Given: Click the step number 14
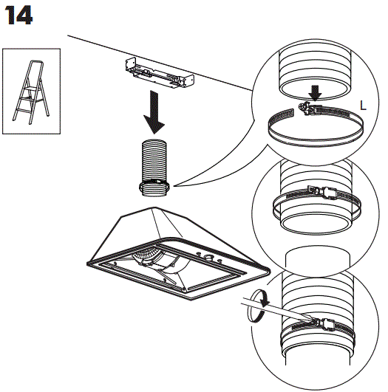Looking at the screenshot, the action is pos(18,16).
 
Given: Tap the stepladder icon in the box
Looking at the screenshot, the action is pos(31,92).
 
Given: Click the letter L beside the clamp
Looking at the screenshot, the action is pos(363,106).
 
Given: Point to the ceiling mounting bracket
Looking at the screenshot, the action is pos(160,74).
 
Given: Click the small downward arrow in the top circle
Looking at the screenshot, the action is pos(315,93).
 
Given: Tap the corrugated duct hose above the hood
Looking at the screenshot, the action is pos(154,168).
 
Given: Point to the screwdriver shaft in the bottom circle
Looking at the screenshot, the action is pos(276,309).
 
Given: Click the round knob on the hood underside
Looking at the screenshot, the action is pos(208,257).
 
